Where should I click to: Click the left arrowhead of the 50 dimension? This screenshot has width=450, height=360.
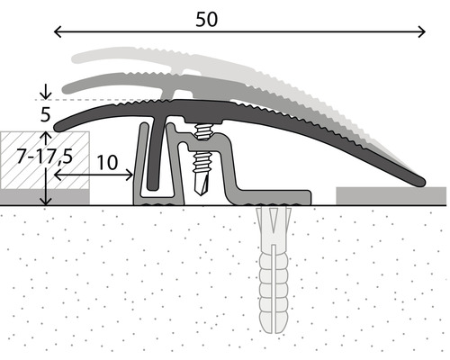58,33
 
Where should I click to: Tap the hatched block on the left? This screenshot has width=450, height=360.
45,160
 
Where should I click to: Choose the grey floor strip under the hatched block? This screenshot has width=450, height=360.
45,195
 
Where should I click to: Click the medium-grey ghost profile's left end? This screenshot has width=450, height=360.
66,87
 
